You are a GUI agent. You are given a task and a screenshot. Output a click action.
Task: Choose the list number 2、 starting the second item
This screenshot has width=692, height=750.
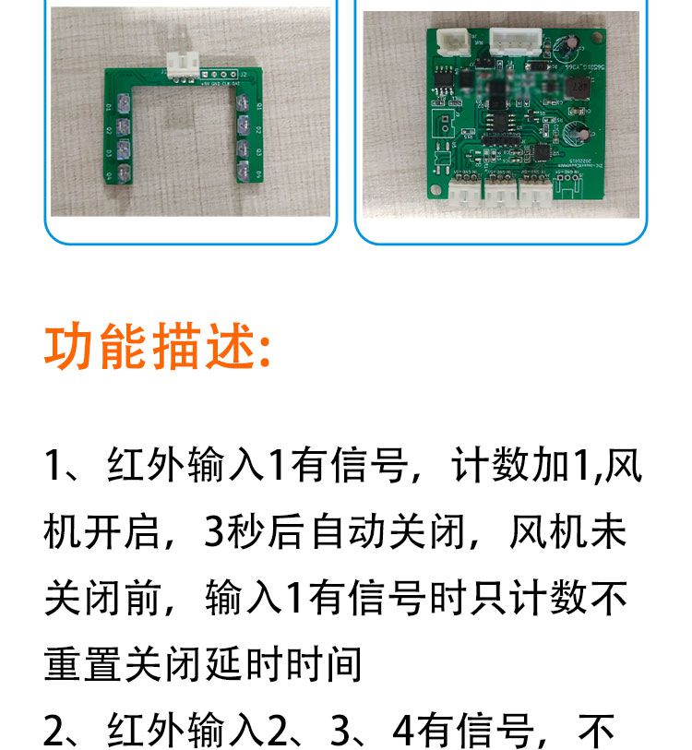(65, 732)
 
